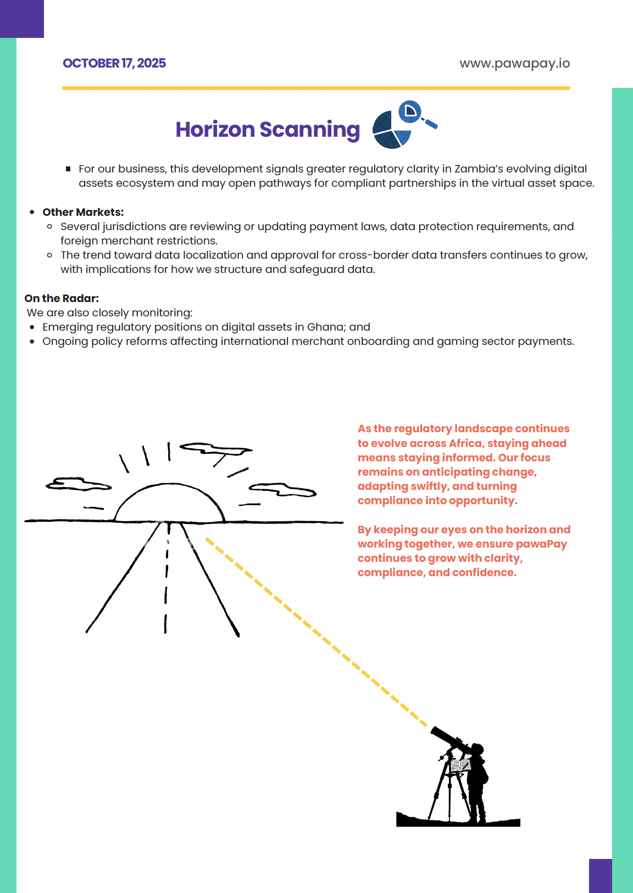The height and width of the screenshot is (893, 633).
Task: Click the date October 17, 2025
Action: coord(114,63)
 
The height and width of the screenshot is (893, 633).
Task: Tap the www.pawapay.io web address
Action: coord(514,63)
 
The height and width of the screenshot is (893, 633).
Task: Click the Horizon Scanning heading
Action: coord(268,130)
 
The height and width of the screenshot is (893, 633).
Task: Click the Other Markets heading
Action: coord(83,212)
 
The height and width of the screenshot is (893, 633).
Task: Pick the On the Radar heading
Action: coord(62,298)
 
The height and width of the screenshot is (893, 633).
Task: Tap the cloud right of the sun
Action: coord(282,489)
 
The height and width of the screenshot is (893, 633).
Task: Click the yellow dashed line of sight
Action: coord(316,632)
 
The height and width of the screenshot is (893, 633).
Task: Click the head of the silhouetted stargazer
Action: coord(476,750)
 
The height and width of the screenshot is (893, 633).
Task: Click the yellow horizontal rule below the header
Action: coord(316,88)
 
